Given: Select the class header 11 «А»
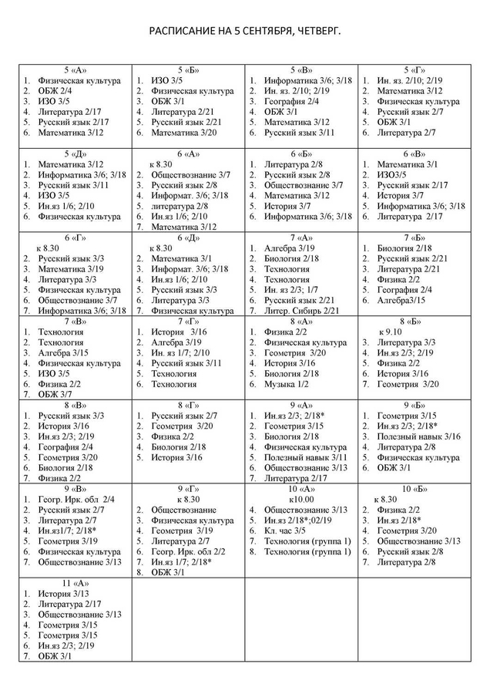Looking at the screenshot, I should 76,583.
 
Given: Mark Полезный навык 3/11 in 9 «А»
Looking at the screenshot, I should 305,457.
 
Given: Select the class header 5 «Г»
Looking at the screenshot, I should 414,69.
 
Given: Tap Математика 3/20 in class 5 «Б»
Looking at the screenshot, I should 184,133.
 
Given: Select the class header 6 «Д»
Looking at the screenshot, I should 189,238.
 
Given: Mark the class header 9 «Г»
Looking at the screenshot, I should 189,489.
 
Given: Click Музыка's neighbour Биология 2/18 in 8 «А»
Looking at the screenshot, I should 292,373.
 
